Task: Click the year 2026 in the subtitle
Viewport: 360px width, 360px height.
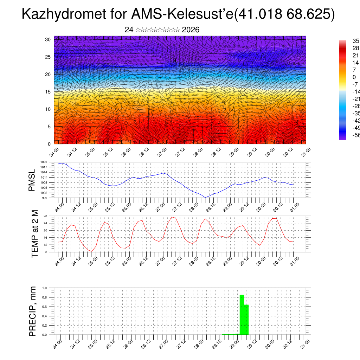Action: [x=191, y=30]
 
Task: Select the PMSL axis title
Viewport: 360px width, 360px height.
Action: [x=32, y=180]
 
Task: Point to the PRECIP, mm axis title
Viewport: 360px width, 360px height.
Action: [x=33, y=311]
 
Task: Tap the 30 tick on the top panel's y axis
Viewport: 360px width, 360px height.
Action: [x=47, y=39]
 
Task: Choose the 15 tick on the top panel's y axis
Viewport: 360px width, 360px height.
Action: [x=47, y=92]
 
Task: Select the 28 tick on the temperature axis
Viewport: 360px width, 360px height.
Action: [x=45, y=216]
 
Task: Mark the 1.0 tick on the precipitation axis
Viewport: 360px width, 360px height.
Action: [x=45, y=288]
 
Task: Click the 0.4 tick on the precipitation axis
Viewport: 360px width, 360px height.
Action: [x=45, y=316]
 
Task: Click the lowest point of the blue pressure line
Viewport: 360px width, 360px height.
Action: [x=206, y=198]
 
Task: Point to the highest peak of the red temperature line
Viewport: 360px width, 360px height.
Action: [x=172, y=217]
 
